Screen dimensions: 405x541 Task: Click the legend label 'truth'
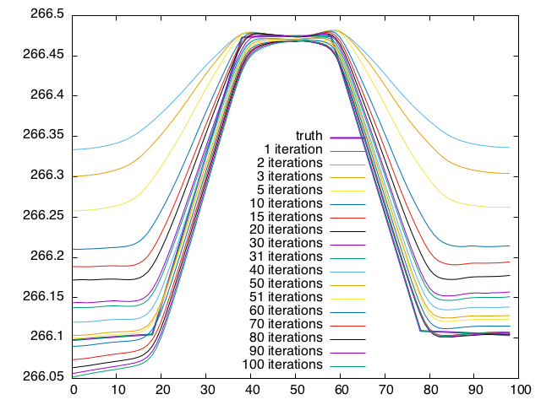click(x=309, y=136)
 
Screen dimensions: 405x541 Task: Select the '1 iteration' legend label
click(x=293, y=149)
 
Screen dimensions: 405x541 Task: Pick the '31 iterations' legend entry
click(x=287, y=256)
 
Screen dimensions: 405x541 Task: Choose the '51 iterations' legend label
click(x=287, y=297)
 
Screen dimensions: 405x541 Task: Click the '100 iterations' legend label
click(x=283, y=364)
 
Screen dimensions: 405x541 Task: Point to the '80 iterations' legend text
click(x=287, y=337)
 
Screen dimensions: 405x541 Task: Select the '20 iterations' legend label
click(x=287, y=229)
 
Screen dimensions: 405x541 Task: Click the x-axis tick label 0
click(x=73, y=391)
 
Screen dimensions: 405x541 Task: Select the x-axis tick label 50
click(x=297, y=391)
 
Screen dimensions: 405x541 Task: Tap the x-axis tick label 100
click(x=520, y=391)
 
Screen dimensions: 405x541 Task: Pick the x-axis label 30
click(x=207, y=391)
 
